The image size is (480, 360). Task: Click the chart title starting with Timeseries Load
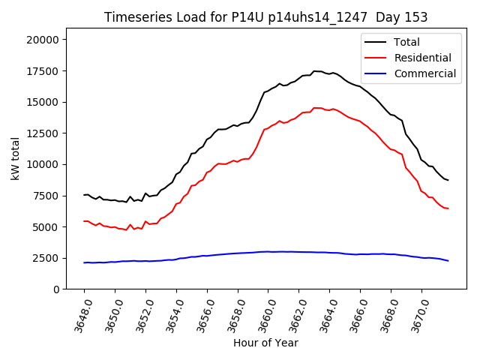(265, 17)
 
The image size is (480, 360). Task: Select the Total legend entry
(406, 42)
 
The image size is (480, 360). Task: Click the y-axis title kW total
(16, 157)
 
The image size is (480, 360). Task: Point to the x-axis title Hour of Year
(265, 343)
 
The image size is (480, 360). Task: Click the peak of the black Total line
(315, 71)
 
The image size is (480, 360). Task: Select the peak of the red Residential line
(315, 108)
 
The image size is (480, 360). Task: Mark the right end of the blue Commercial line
(448, 261)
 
